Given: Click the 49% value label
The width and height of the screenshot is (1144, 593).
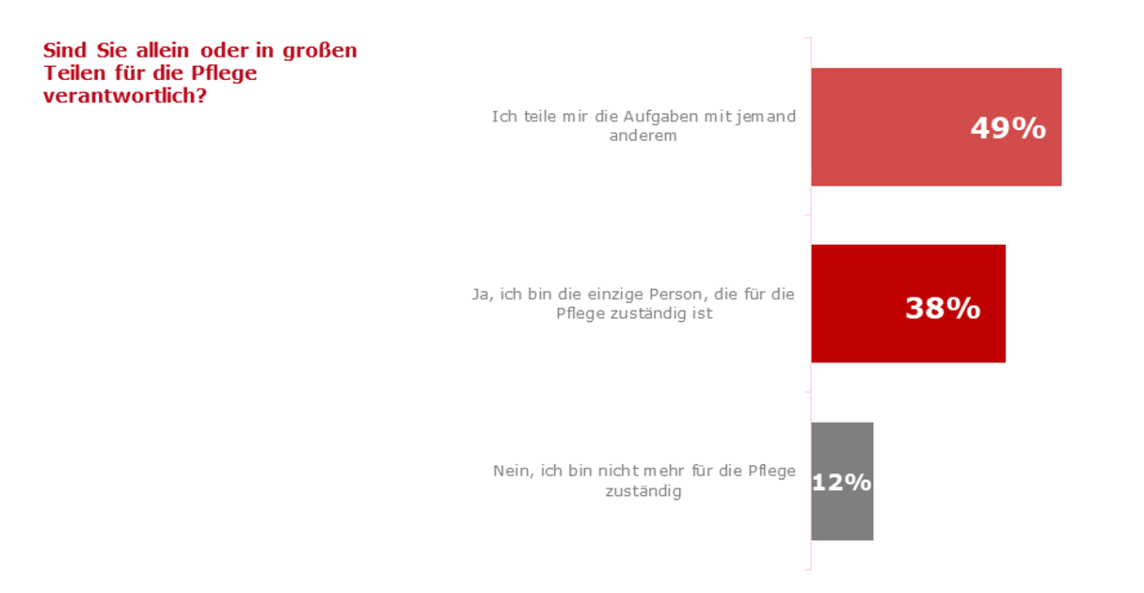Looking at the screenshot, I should point(1008,128).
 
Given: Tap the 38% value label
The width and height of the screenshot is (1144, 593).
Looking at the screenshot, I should point(943,308).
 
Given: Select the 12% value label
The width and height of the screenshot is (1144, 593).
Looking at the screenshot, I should point(842,482).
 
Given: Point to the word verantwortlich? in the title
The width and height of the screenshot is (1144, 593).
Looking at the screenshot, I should point(125,95).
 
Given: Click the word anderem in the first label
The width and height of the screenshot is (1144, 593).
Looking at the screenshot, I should point(643,136).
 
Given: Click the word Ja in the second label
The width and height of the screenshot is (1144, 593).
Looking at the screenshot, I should point(480,294).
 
